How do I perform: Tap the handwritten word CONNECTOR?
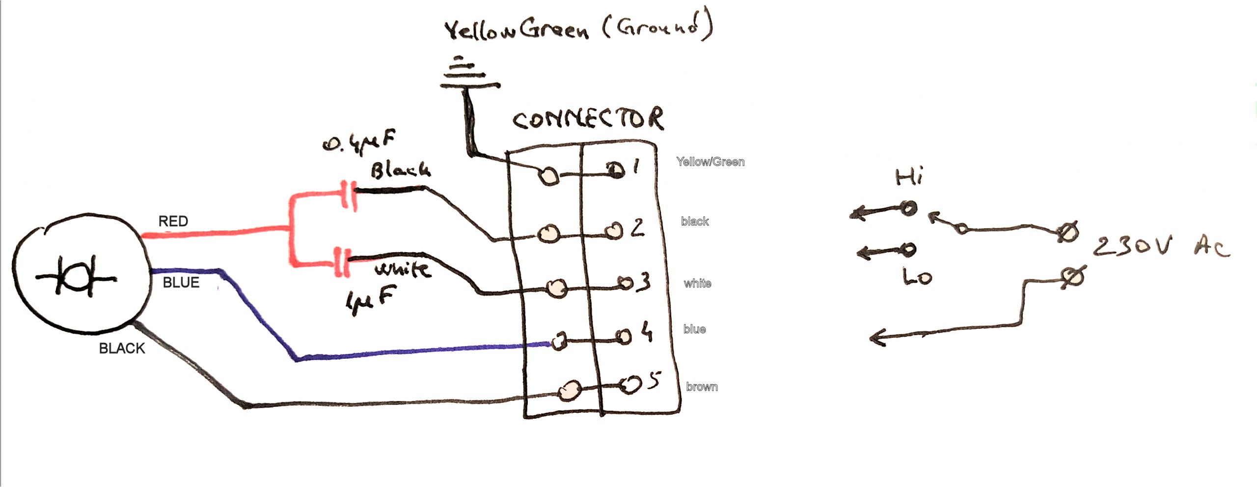tap(588, 118)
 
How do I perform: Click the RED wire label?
tap(173, 221)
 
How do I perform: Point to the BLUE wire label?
tap(181, 283)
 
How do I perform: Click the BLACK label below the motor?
tap(122, 348)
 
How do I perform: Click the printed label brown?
tap(702, 387)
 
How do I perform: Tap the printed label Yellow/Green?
tap(710, 162)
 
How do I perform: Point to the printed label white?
tap(697, 283)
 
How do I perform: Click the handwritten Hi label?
tap(909, 177)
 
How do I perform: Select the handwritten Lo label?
tap(917, 277)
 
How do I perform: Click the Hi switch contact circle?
tap(908, 208)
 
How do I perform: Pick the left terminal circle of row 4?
tap(559, 341)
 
